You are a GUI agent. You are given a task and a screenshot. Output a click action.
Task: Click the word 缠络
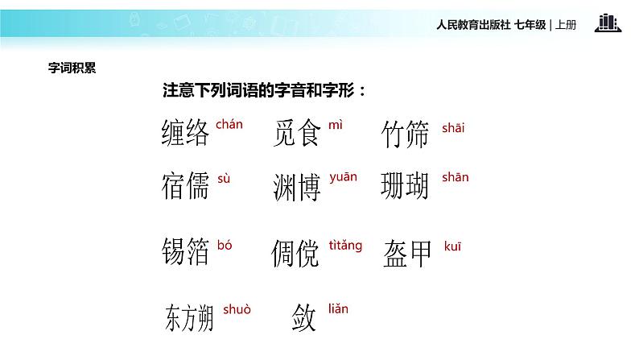(x=185, y=133)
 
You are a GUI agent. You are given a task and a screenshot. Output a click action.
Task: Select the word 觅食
(x=297, y=134)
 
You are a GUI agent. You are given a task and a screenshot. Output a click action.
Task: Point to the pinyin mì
(x=336, y=125)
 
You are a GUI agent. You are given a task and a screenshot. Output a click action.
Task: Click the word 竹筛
(x=406, y=135)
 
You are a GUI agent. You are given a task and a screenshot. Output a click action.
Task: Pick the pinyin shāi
(x=453, y=127)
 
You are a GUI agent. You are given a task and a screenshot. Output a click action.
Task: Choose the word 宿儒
(x=185, y=186)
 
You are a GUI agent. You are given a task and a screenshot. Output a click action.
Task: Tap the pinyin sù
(x=224, y=179)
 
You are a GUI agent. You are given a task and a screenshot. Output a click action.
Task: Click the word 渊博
(x=297, y=188)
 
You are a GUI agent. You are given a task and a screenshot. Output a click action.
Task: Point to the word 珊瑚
(x=405, y=186)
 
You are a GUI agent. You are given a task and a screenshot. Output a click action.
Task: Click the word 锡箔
(x=185, y=252)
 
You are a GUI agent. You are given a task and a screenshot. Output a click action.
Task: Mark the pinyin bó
(x=225, y=245)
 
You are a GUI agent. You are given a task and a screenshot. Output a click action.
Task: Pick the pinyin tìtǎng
(x=346, y=245)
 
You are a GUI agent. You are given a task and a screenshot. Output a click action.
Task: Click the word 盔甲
(x=407, y=252)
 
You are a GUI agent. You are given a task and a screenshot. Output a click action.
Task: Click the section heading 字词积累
(x=72, y=68)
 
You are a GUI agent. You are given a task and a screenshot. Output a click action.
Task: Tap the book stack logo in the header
(x=608, y=23)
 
